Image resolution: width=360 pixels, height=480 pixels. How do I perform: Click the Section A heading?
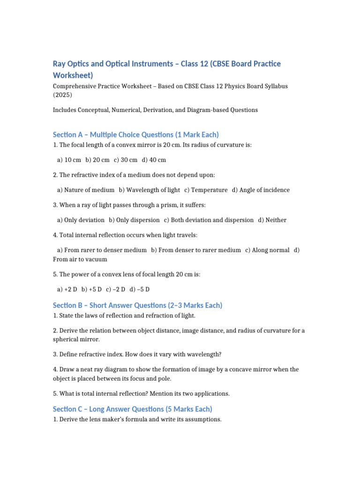tap(136, 135)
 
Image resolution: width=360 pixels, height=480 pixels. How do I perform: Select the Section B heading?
tap(138, 305)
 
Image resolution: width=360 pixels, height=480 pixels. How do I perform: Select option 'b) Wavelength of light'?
tap(149, 190)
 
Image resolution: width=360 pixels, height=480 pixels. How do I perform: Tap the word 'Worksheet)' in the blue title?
tap(73, 75)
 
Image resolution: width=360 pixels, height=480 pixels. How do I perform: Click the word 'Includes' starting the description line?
tap(66, 110)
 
